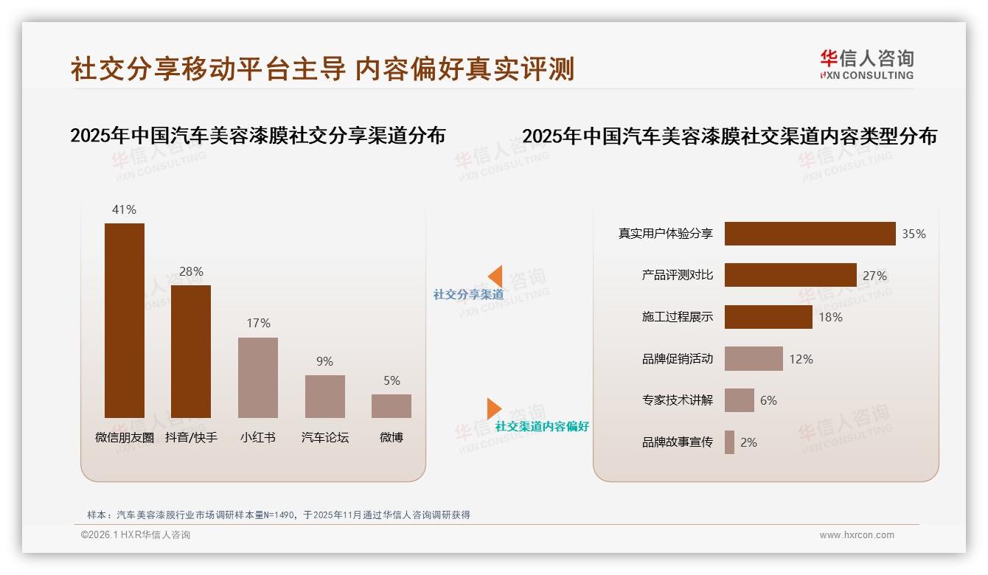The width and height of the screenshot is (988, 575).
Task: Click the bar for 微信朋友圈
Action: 125,320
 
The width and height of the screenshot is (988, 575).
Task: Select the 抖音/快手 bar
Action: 191,352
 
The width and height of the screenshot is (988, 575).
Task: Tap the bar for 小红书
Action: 258,377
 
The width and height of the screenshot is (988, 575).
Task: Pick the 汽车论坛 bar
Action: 325,397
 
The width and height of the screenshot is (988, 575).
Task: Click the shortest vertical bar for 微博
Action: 392,406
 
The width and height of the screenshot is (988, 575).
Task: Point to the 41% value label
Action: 124,209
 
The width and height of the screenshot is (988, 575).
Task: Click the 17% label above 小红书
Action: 258,323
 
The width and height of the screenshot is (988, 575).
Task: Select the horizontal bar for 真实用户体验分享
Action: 810,234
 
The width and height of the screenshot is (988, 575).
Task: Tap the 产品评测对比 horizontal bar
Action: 790,275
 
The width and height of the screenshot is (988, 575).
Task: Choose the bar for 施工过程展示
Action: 768,317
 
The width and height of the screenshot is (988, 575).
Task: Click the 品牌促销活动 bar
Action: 754,359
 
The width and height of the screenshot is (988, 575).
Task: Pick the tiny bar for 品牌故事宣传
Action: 729,442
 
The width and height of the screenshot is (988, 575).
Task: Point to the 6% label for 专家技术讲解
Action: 768,400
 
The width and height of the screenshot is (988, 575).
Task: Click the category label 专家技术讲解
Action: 677,400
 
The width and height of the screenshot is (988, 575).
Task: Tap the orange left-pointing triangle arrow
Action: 495,276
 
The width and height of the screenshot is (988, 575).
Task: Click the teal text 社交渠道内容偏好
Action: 542,426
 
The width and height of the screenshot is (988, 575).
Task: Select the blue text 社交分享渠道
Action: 468,294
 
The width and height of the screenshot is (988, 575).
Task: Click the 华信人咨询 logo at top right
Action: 866,64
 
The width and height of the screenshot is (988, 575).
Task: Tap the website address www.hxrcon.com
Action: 857,535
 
